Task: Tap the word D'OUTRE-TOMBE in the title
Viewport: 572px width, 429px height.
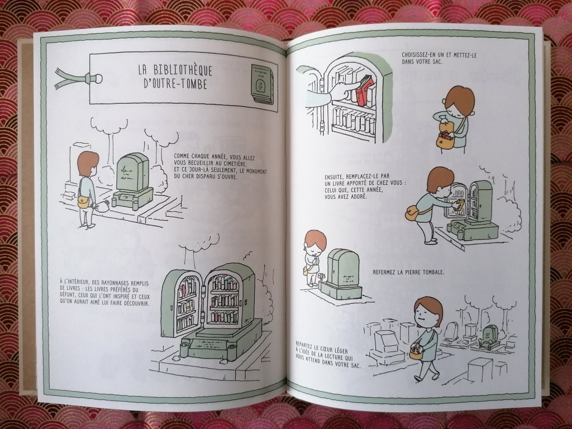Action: tap(175, 84)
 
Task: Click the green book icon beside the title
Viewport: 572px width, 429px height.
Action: tap(263, 84)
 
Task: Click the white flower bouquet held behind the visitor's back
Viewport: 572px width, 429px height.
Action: tap(102, 207)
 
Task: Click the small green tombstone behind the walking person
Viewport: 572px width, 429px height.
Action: tap(489, 334)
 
